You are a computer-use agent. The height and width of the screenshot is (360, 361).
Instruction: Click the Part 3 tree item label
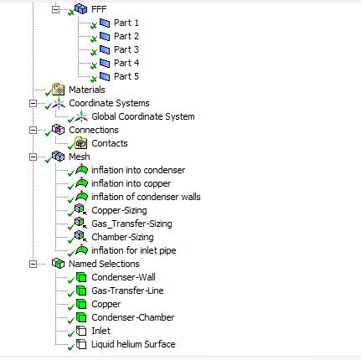coord(126,49)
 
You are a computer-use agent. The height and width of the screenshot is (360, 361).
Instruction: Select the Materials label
coord(87,90)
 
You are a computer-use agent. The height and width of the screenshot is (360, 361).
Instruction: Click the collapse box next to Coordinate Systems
coord(33,104)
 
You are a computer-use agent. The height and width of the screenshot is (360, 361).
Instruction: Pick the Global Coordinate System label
coord(143,116)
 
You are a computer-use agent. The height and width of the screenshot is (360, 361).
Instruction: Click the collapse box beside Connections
coord(33,131)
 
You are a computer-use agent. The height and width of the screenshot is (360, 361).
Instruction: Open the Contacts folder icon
coord(81,143)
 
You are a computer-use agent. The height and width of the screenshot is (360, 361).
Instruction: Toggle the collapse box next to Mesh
coord(33,157)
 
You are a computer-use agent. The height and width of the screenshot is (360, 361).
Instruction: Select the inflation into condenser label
coord(138,170)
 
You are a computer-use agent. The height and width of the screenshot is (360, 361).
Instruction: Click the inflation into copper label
coord(132,183)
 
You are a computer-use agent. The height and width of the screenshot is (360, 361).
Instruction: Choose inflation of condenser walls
coord(146,197)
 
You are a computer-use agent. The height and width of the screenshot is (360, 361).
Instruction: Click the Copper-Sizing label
coord(119,210)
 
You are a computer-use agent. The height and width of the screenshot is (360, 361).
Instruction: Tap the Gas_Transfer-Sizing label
coord(132,224)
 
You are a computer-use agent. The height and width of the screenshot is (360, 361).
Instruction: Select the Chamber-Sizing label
coord(122,237)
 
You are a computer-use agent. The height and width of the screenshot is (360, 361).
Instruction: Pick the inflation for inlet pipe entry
coord(134,250)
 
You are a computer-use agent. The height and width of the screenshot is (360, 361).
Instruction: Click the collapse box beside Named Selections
coord(33,264)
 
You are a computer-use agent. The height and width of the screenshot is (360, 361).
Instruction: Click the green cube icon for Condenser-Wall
coord(81,277)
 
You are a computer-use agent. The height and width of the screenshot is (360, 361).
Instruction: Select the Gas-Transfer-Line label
coord(127,291)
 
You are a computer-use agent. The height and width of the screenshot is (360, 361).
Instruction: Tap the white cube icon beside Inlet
coord(81,331)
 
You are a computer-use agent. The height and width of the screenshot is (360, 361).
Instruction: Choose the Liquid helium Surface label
coord(133,344)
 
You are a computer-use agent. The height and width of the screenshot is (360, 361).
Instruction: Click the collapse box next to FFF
coord(55,10)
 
